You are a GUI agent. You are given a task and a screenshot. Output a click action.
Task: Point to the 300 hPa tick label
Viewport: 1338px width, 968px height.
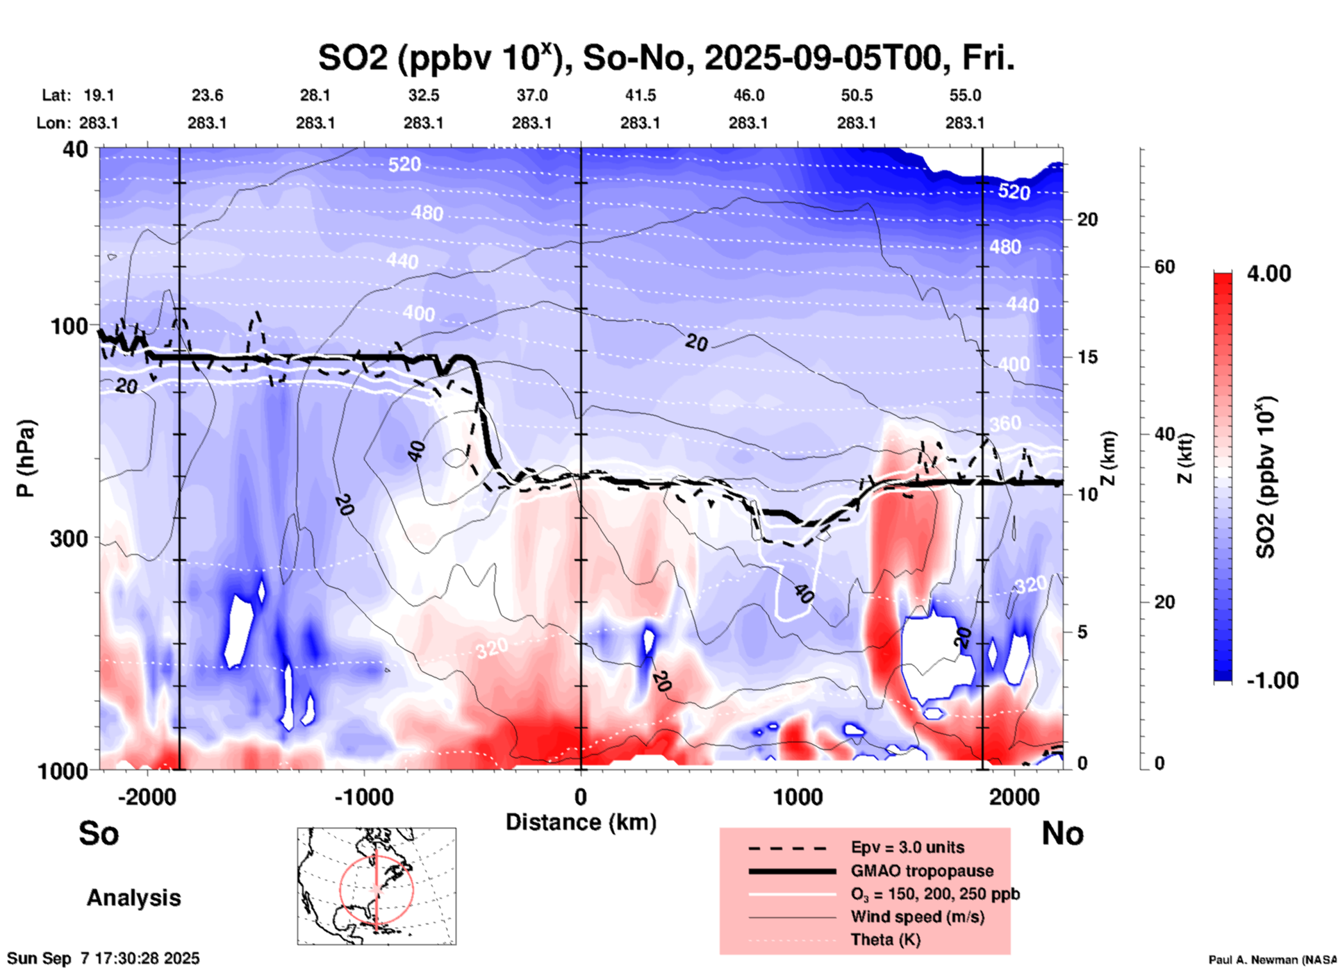coord(69,538)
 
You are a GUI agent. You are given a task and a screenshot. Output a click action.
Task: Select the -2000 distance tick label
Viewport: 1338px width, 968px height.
coord(147,797)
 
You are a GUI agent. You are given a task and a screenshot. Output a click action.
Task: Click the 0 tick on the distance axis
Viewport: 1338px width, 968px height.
coord(581,797)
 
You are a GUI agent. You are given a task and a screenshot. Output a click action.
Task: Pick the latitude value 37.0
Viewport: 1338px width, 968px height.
coord(532,95)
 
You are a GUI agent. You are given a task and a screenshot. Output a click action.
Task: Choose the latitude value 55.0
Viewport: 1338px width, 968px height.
coord(965,95)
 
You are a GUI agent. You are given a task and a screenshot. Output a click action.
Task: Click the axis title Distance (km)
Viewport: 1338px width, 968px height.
coord(581,822)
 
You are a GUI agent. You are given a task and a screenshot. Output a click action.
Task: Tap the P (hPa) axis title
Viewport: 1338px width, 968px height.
coord(26,458)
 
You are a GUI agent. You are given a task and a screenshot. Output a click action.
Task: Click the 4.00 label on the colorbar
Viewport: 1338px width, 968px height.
coord(1269,274)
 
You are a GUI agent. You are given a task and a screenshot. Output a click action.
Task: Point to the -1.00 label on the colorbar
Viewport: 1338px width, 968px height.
coord(1272,681)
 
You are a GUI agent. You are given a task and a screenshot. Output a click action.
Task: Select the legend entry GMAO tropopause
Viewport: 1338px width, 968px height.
coord(922,871)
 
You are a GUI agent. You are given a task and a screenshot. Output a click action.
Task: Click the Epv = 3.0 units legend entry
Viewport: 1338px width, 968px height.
coord(907,847)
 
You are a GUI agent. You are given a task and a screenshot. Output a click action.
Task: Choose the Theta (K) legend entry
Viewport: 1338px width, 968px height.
coord(885,940)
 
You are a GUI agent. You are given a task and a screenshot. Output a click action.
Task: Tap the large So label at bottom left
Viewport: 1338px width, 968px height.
coord(99,833)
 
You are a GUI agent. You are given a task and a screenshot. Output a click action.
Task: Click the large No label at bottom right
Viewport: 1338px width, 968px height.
coord(1062,833)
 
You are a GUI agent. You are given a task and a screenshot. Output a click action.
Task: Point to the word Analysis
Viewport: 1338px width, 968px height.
coord(133,898)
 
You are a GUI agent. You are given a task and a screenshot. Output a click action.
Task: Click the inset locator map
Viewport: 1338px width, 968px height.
coord(377,886)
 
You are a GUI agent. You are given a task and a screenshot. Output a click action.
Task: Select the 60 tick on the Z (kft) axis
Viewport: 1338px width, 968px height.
coord(1164,267)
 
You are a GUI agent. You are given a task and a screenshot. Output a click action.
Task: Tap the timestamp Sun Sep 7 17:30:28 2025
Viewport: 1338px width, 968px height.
coord(104,958)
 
